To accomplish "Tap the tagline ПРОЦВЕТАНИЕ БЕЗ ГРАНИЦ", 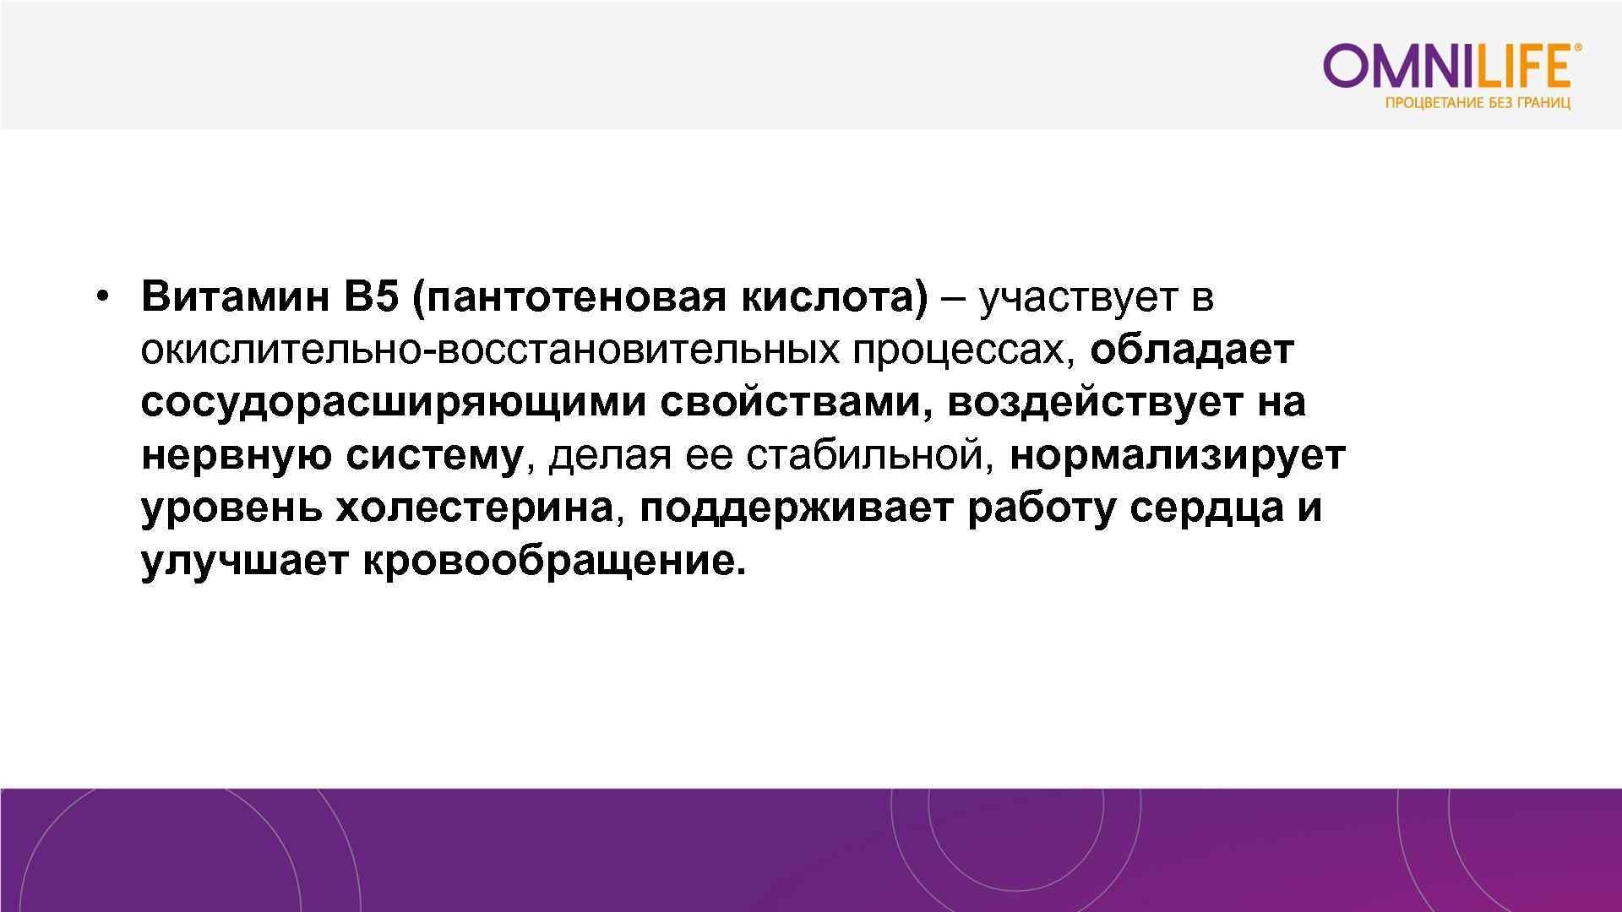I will (1478, 104).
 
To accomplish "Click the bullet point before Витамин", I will (102, 297).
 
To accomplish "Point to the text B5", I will (370, 297).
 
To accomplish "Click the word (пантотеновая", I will (569, 297).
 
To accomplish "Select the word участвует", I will (1078, 297).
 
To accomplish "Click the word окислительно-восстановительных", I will (490, 350).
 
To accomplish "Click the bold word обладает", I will (1192, 350).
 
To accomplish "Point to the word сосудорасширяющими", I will (393, 403).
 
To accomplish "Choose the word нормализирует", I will (1177, 456).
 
